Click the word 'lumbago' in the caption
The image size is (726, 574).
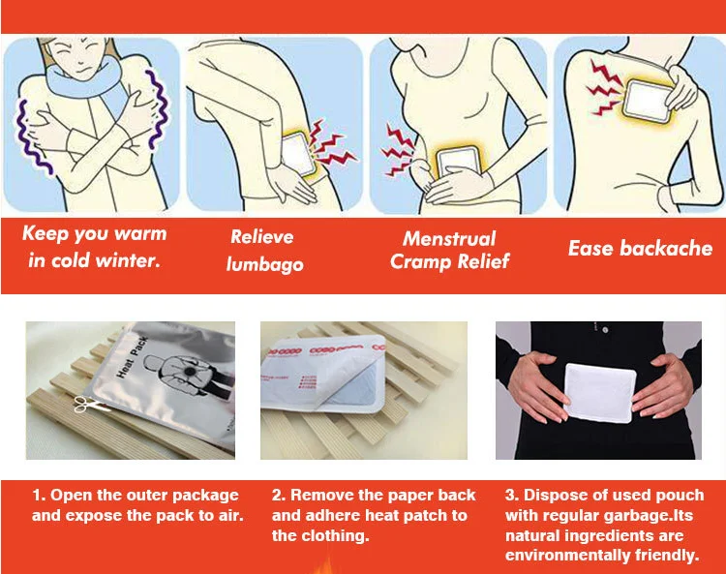264,264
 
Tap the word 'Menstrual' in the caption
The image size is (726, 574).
449,238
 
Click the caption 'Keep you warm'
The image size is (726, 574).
94,233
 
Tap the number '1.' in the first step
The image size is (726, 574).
40,496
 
